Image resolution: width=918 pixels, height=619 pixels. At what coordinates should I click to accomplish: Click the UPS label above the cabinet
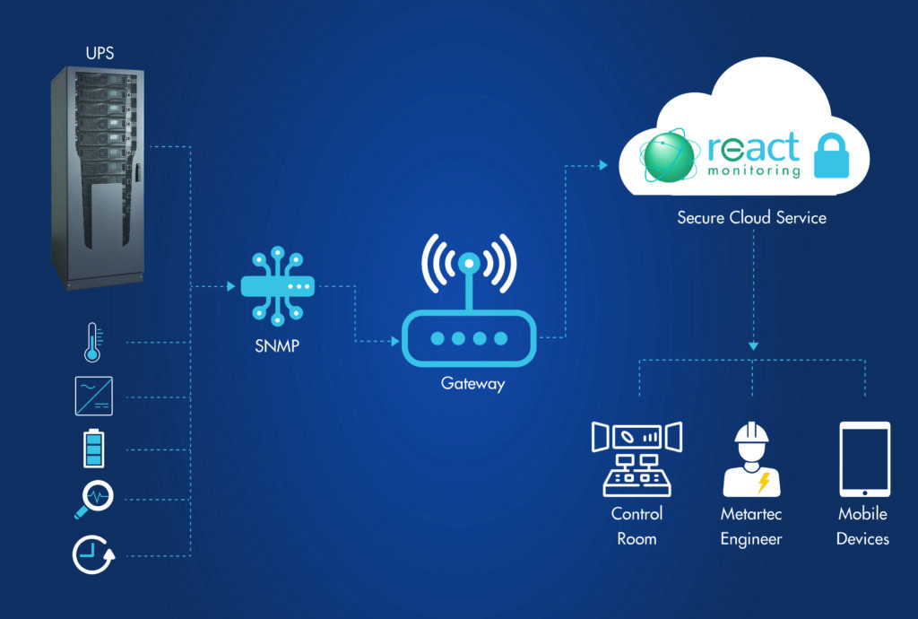point(100,53)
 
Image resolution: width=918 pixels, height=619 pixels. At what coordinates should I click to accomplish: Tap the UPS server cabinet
point(98,178)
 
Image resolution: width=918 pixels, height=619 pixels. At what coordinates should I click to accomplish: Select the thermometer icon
point(93,342)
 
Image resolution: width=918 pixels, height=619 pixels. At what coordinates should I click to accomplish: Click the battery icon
point(93,448)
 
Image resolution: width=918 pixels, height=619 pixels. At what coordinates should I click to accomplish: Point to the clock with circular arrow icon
point(93,554)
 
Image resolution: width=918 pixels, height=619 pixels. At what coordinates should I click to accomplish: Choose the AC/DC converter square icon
point(93,397)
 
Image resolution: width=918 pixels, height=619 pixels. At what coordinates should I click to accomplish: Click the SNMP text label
point(277,346)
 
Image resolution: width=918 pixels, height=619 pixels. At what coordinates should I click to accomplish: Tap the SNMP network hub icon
point(278,286)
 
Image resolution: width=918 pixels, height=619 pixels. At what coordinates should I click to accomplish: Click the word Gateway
point(472,384)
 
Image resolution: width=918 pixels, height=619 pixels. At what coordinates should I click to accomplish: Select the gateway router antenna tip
point(469,263)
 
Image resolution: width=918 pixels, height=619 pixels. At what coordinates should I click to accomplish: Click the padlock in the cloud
point(831,155)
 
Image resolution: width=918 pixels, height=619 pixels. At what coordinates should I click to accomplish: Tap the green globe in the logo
point(669,156)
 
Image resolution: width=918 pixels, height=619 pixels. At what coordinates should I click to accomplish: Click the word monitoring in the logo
point(753,170)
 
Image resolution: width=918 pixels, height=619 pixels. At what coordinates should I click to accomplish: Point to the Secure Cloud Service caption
point(752,217)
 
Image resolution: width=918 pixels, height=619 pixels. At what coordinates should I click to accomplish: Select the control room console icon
point(637,458)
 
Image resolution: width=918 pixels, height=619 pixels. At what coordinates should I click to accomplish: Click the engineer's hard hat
point(752,432)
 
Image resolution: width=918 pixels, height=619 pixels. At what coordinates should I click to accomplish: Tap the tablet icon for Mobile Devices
point(865,459)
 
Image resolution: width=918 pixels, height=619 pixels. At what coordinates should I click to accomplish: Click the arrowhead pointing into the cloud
point(603,166)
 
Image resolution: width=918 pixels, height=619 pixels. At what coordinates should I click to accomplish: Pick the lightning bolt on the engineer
point(764,482)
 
